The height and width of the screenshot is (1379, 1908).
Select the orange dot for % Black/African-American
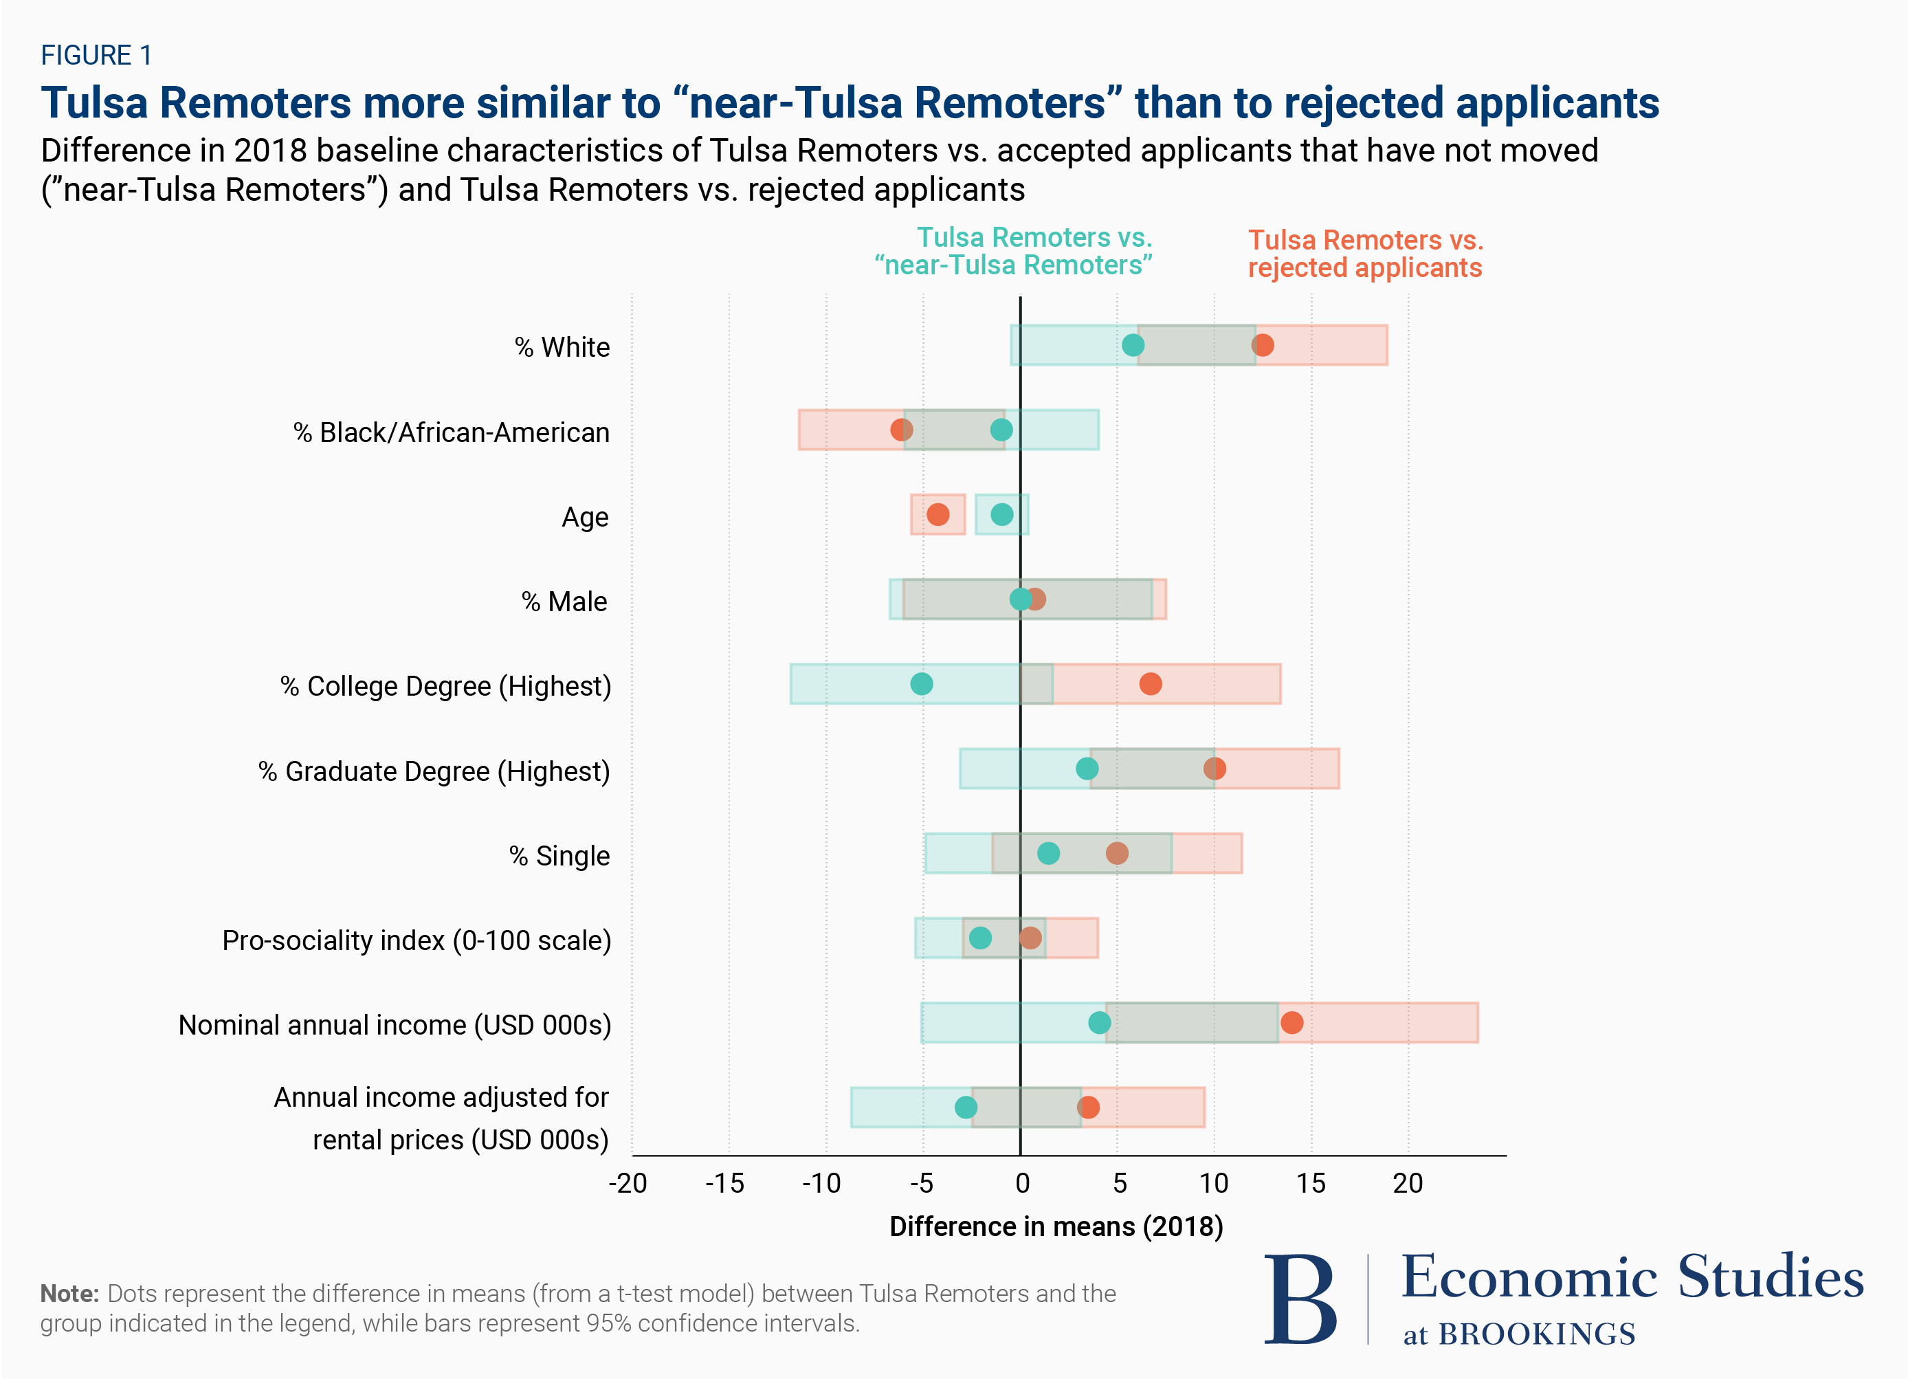click(901, 430)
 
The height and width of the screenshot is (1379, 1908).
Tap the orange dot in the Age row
click(938, 514)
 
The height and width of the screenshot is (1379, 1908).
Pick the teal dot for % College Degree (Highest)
click(921, 684)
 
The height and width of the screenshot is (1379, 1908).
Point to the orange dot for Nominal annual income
click(1291, 1022)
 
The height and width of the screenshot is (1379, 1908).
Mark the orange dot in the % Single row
click(1116, 853)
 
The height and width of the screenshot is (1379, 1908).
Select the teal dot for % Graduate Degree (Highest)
click(1087, 768)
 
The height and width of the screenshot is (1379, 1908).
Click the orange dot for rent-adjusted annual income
click(1088, 1107)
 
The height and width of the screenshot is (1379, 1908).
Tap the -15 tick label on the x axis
click(724, 1184)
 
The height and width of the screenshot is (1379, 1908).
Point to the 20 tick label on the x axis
click(1408, 1184)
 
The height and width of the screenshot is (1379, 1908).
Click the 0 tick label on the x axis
click(1022, 1184)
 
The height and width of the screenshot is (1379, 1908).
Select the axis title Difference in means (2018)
click(1056, 1226)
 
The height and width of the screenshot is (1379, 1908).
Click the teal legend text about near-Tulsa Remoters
click(1014, 251)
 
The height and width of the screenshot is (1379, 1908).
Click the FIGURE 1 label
click(97, 56)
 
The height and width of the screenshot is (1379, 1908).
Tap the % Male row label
click(564, 602)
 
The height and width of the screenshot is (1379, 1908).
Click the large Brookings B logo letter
click(1300, 1300)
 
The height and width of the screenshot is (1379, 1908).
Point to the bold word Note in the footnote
click(70, 1293)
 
